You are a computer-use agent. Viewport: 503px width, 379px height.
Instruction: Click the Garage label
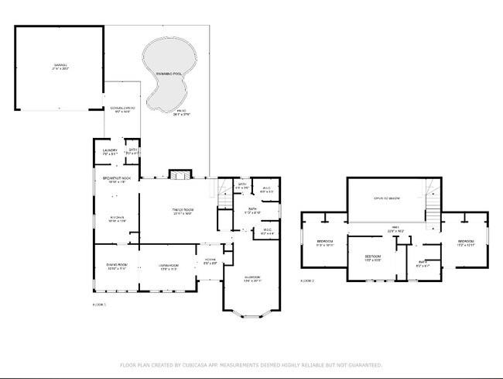click(60, 65)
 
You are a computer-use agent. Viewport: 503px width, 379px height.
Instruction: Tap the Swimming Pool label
click(169, 72)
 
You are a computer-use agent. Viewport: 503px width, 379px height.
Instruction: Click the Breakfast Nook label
click(117, 178)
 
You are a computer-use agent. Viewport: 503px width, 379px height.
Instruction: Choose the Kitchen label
click(117, 217)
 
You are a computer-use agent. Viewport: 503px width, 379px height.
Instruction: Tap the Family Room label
click(182, 210)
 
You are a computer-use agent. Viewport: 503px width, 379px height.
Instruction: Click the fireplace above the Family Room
click(179, 175)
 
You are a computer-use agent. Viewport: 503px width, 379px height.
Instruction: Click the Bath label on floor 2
click(423, 263)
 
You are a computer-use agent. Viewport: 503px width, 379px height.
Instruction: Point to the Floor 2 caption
click(308, 281)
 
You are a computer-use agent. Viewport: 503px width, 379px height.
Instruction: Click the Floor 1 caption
click(98, 305)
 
